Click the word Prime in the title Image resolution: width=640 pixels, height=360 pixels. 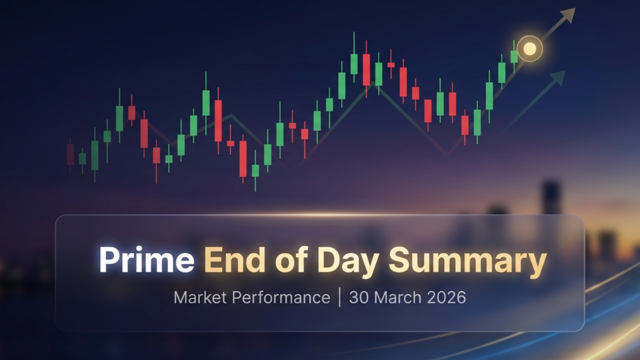pos(146,260)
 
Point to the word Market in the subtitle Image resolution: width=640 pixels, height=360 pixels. pos(201,298)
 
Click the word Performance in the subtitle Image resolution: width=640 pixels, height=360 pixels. pos(281,298)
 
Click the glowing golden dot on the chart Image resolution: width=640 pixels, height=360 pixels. pos(530,49)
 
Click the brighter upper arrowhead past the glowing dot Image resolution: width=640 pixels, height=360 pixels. pos(568,15)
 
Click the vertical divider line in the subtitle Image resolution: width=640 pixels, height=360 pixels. pos(340,298)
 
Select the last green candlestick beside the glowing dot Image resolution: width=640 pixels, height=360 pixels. pos(514,56)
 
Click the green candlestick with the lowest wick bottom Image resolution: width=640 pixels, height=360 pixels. pos(255,170)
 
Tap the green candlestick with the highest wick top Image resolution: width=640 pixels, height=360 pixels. pos(354,64)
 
